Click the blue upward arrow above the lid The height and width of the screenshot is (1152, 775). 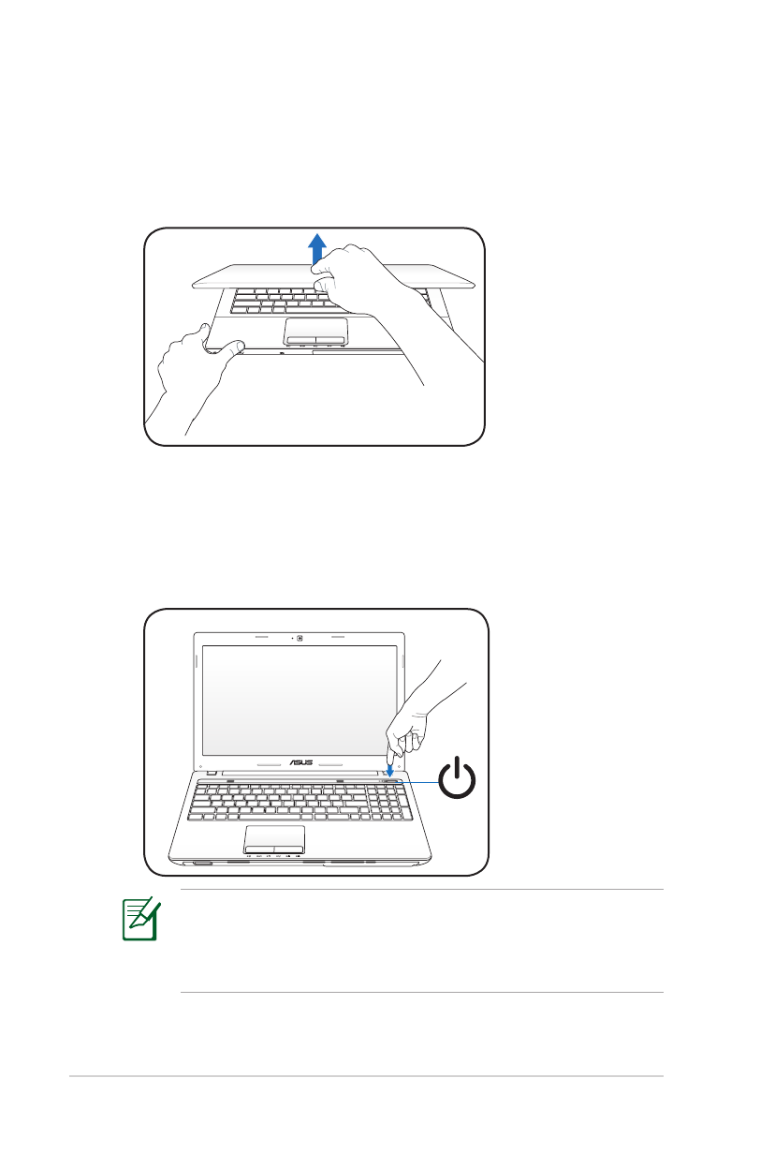pyautogui.click(x=318, y=248)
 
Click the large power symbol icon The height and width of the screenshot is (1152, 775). pyautogui.click(x=459, y=782)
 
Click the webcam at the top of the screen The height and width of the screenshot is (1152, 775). pyautogui.click(x=300, y=642)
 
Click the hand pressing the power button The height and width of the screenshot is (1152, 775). pyautogui.click(x=412, y=721)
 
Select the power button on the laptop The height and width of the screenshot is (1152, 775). pyautogui.click(x=392, y=779)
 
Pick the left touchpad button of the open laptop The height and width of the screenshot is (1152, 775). pyautogui.click(x=259, y=849)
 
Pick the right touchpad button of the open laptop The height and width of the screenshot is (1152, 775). pyautogui.click(x=289, y=849)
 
